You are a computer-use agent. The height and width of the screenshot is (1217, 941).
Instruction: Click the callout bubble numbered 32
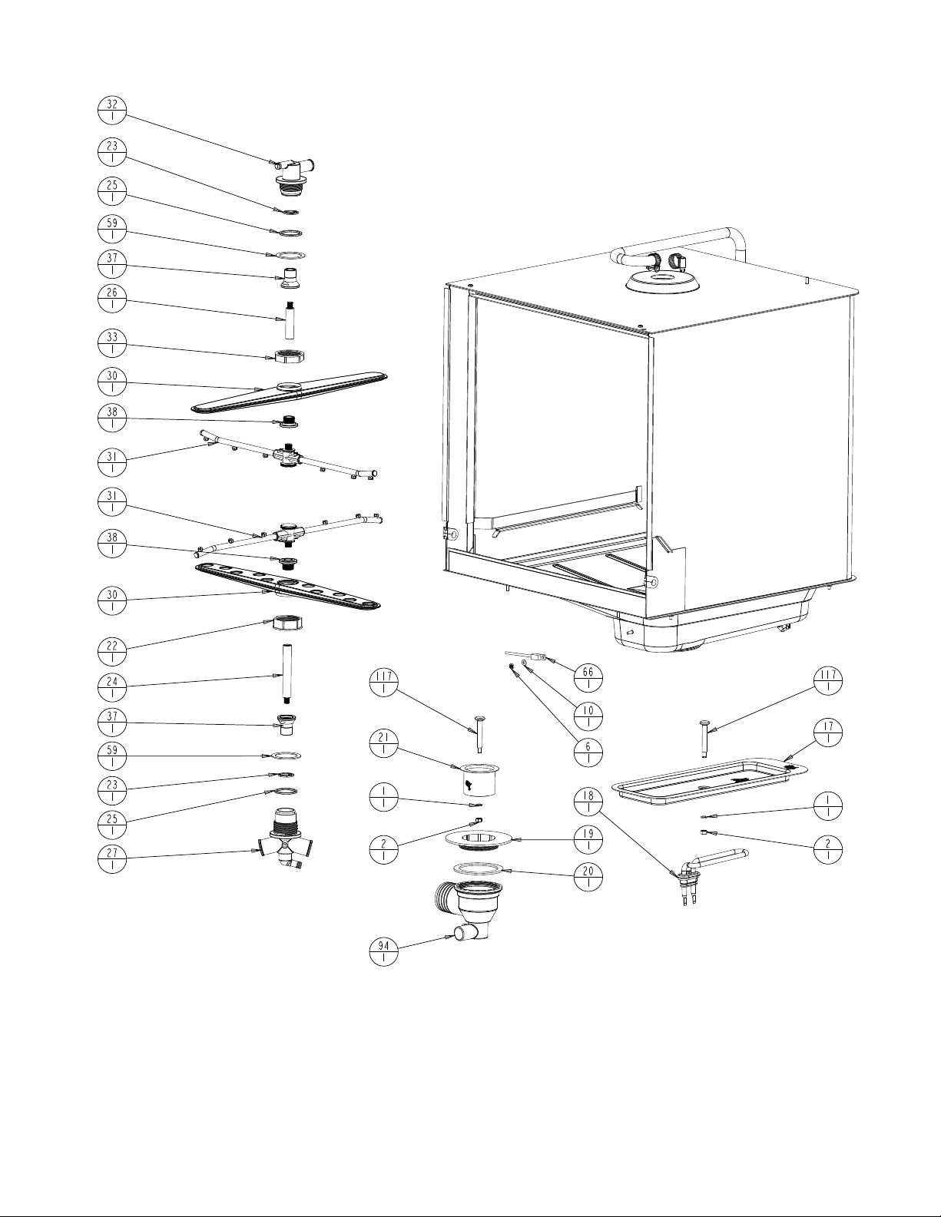click(x=112, y=111)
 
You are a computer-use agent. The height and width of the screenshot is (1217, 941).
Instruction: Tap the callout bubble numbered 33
click(x=112, y=342)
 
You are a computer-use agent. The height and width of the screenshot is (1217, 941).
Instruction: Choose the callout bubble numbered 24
click(x=112, y=686)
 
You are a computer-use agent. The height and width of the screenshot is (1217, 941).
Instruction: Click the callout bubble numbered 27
click(x=112, y=857)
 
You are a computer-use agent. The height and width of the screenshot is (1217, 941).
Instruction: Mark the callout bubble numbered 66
click(x=588, y=678)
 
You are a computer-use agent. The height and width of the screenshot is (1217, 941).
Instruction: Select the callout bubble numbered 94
click(x=383, y=952)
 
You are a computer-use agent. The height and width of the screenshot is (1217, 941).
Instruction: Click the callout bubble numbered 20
click(x=588, y=877)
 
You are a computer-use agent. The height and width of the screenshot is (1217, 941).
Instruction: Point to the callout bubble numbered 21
click(x=383, y=743)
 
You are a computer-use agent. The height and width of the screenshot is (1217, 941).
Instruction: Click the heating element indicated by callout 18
click(x=718, y=856)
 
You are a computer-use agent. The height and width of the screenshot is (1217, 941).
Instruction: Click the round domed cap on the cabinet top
click(x=662, y=279)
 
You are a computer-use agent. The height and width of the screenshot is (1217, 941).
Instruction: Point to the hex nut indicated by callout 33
click(x=291, y=356)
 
